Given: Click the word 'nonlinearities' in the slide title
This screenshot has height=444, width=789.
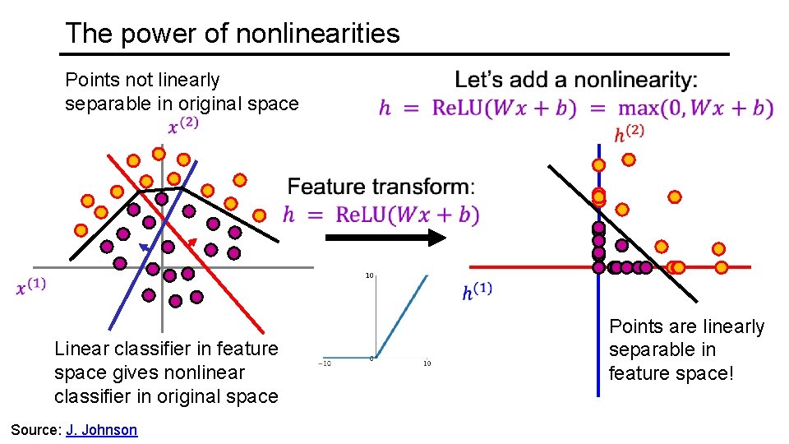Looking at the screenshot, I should click(x=317, y=33).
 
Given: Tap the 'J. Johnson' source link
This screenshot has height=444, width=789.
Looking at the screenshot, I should click(x=101, y=430).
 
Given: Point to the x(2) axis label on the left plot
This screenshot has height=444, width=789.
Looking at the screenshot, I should click(x=183, y=125).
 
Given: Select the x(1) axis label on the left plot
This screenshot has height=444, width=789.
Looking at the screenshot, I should click(x=31, y=287).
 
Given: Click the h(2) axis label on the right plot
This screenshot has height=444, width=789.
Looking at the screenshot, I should click(x=629, y=134).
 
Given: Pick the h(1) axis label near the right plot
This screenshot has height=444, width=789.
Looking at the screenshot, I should click(x=478, y=292).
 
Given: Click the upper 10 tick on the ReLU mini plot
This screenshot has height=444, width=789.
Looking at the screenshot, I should click(x=370, y=275).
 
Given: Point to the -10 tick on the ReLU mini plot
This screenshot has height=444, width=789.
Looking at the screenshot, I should click(x=325, y=363).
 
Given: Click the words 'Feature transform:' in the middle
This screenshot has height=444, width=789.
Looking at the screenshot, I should click(x=381, y=187).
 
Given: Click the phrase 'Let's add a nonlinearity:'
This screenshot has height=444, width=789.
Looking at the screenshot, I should click(x=575, y=80).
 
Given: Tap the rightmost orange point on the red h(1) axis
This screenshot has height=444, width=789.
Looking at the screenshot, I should click(x=722, y=266).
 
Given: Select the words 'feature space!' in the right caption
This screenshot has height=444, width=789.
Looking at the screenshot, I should click(x=670, y=373).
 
